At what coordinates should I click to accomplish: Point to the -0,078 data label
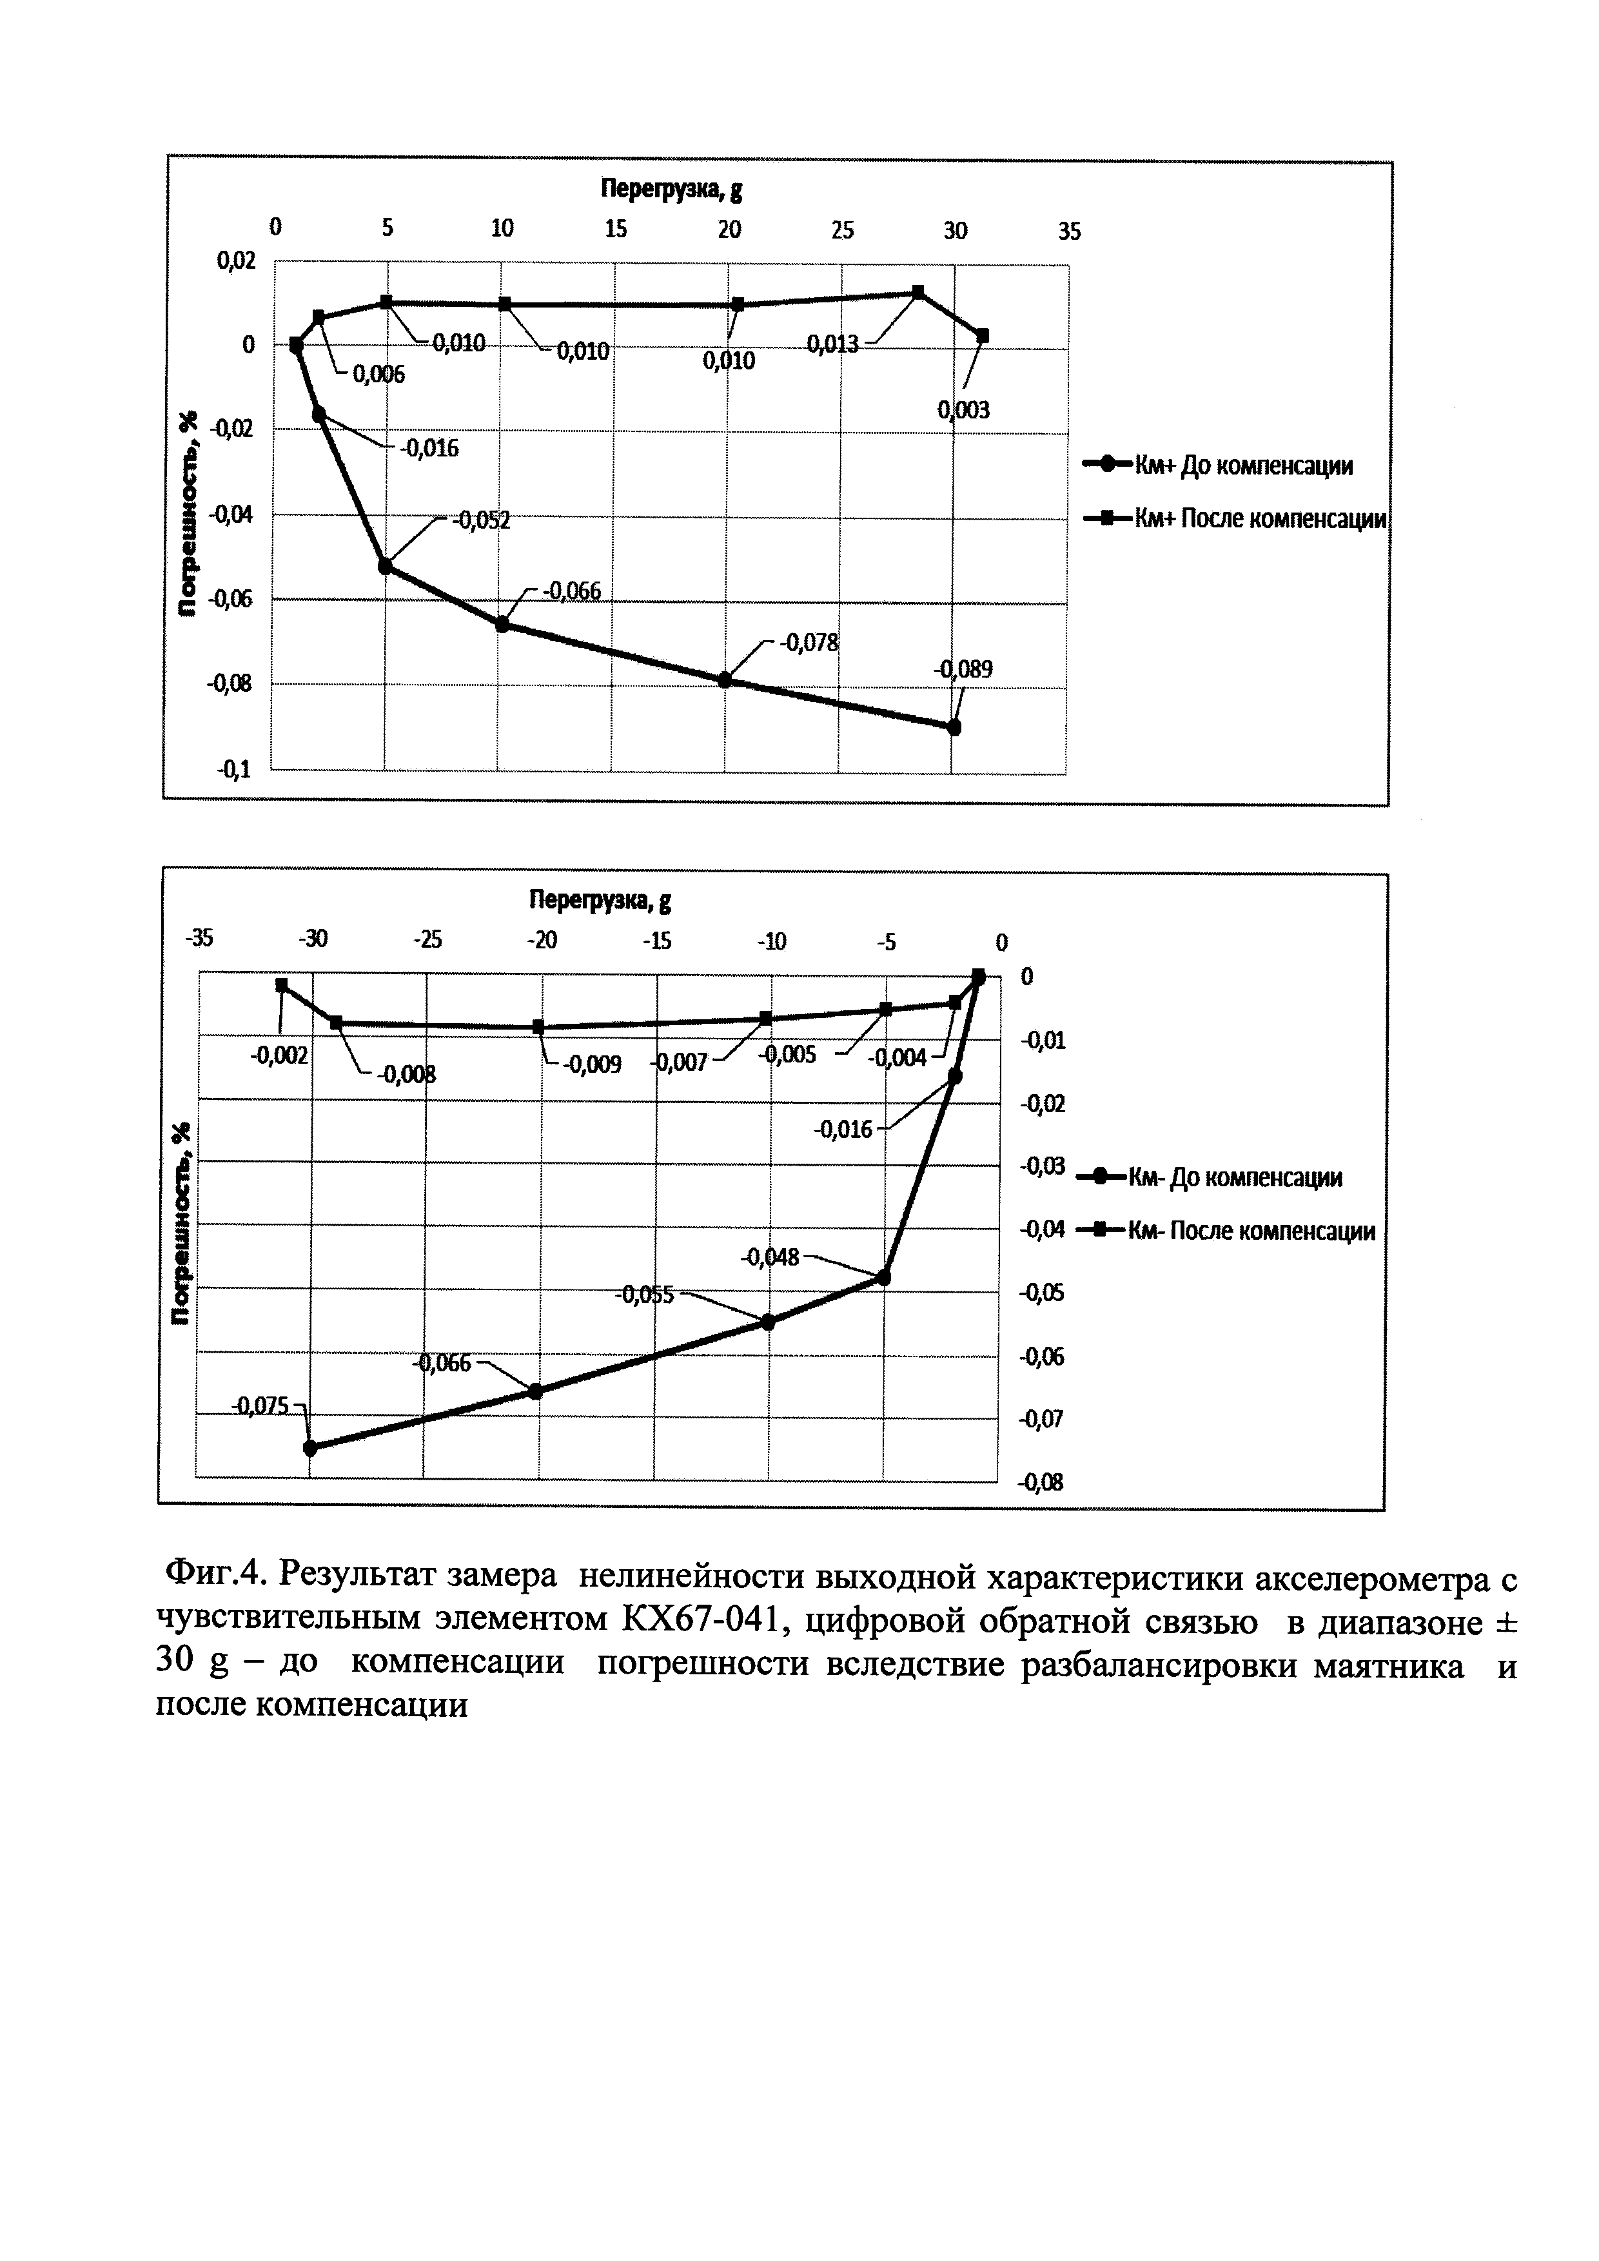[x=809, y=643]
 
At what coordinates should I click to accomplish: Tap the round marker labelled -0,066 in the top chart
[x=503, y=624]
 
